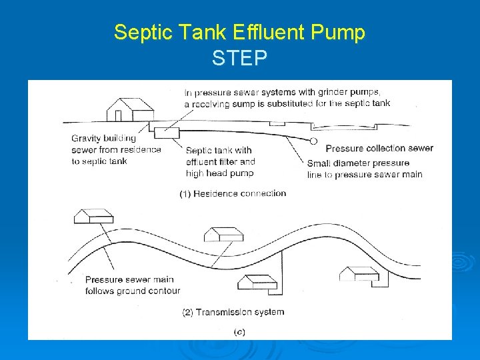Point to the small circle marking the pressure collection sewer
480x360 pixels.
pos(313,141)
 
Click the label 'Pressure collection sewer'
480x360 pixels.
pos(379,148)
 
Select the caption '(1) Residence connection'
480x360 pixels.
pos(233,194)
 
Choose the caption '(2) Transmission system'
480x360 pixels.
pos(233,311)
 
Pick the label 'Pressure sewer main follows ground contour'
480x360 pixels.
pos(132,285)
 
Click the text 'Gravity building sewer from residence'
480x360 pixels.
pos(116,144)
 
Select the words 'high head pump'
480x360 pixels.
pos(219,173)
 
